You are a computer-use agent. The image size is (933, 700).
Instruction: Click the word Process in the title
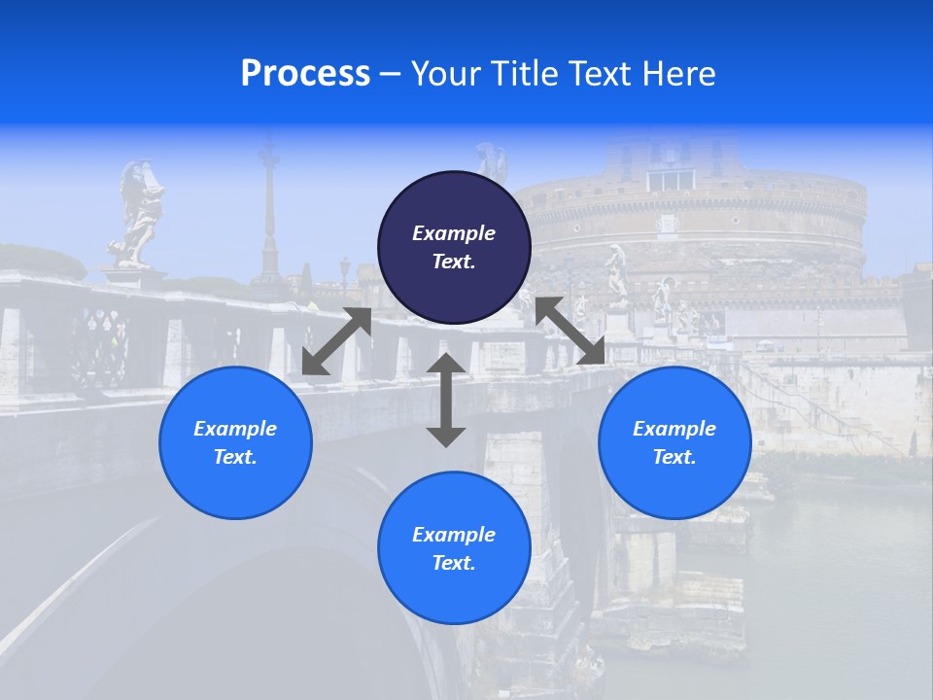[x=305, y=74]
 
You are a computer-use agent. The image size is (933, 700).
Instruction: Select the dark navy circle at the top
[x=454, y=247]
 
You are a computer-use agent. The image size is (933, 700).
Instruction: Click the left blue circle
[x=235, y=442]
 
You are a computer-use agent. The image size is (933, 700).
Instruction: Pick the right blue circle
[x=674, y=442]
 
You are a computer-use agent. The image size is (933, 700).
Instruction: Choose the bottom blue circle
[x=454, y=548]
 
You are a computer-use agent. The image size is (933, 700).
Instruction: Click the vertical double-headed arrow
[x=446, y=400]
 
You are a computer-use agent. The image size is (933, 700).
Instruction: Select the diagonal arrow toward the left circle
[x=337, y=341]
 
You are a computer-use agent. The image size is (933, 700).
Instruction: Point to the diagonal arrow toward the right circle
[x=570, y=331]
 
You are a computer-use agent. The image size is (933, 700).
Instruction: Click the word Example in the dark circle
[x=454, y=233]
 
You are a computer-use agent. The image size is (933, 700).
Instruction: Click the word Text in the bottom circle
[x=453, y=563]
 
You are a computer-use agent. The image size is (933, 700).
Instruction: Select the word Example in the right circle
[x=674, y=429]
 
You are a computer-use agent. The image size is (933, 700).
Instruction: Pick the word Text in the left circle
[x=234, y=457]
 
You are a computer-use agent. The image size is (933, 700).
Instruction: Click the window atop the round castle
[x=671, y=180]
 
